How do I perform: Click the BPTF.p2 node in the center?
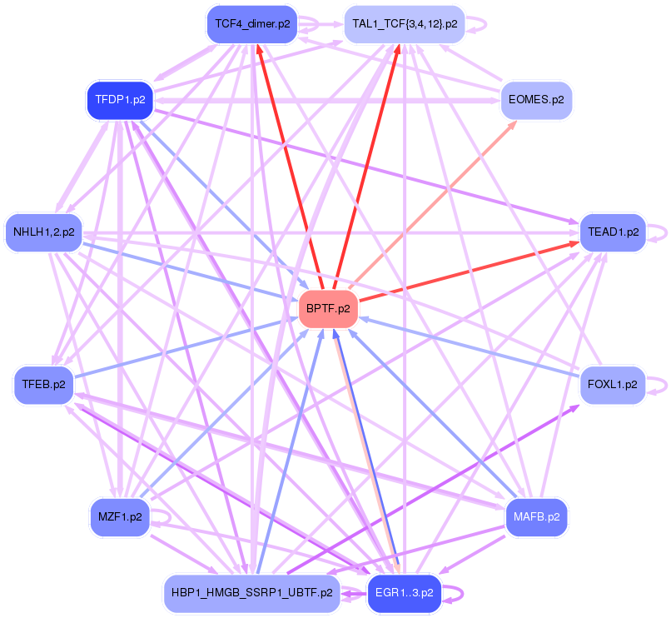[328, 309]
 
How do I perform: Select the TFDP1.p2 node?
[120, 100]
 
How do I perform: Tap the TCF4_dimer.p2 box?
[252, 24]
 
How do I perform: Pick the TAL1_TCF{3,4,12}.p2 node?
[405, 24]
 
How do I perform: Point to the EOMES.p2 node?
[536, 100]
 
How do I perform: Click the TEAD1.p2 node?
[613, 232]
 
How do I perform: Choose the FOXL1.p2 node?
[613, 385]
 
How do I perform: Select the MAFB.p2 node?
[537, 517]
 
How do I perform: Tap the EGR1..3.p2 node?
[405, 593]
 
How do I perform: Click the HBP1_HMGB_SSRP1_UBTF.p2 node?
[252, 593]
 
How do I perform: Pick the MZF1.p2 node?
[120, 517]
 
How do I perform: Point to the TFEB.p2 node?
[43, 385]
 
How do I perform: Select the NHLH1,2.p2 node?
[43, 232]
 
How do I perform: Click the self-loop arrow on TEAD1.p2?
[658, 233]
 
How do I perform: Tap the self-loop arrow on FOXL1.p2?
[657, 386]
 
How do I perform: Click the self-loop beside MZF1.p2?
[162, 518]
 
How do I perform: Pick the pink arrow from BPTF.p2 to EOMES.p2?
[433, 205]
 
